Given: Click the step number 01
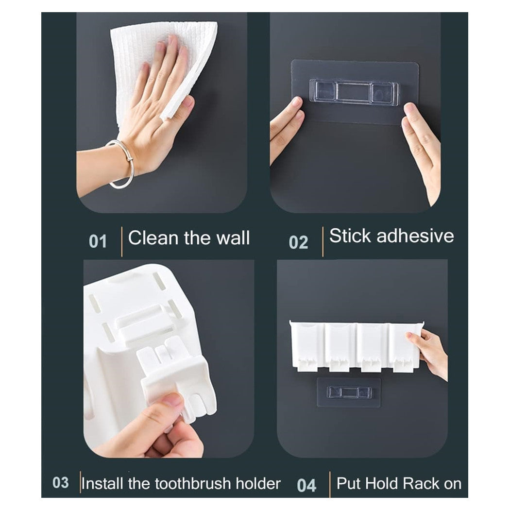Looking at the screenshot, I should [x=98, y=241].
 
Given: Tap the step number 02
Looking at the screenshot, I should [x=298, y=242].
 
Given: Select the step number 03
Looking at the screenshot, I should [x=61, y=483].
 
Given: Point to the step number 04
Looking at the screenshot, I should [x=306, y=485].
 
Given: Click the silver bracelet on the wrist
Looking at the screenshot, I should [x=121, y=164].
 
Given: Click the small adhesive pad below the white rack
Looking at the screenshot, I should [x=349, y=391].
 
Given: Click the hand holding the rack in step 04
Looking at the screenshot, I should [x=431, y=351].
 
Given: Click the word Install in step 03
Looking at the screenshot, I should [x=103, y=484].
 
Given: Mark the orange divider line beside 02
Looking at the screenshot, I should [x=322, y=241].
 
